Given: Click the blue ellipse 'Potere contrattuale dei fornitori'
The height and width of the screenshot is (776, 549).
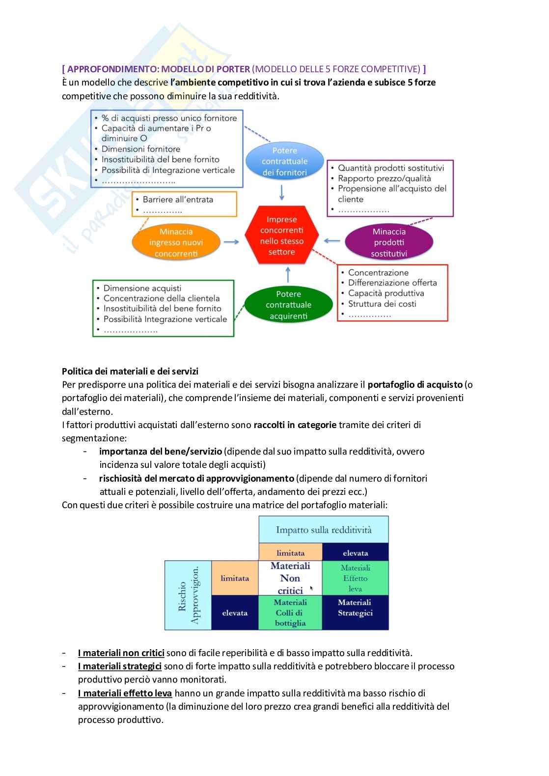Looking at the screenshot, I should click(x=285, y=161).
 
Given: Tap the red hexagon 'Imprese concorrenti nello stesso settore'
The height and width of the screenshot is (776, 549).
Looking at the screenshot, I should click(x=282, y=235).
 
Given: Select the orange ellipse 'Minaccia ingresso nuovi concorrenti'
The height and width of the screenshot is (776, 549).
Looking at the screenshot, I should click(x=176, y=242).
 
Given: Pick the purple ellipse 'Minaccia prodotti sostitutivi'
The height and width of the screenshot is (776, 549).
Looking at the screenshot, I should click(x=389, y=242).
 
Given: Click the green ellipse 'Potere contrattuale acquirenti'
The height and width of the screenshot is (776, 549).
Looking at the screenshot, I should click(x=288, y=305).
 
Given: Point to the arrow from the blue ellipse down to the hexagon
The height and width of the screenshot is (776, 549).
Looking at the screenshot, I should click(x=282, y=192).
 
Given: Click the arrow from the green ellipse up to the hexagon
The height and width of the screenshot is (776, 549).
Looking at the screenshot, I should click(x=288, y=275).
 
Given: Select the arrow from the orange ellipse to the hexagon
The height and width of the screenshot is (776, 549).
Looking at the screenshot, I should click(x=231, y=242).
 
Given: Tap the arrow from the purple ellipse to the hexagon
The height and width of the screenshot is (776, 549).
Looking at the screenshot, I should click(x=332, y=241).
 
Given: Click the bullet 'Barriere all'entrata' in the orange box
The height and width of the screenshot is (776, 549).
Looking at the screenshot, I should click(x=178, y=200).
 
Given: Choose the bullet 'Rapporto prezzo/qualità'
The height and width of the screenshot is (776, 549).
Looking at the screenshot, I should click(x=384, y=178).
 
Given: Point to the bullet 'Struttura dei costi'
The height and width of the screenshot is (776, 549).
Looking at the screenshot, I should click(x=382, y=304).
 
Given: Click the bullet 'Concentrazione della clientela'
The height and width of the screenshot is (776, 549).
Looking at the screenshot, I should click(x=161, y=298).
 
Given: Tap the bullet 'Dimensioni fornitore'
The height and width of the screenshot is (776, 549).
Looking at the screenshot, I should click(x=140, y=149).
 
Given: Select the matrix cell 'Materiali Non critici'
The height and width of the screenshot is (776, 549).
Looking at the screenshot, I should click(x=290, y=578).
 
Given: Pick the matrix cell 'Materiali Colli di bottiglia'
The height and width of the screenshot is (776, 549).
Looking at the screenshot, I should click(x=290, y=612).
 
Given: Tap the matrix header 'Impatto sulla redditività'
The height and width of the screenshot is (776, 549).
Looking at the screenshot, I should click(x=324, y=530).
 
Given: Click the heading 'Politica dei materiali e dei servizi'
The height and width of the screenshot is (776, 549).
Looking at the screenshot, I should click(x=130, y=371).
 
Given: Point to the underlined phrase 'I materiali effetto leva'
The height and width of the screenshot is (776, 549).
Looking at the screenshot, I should click(x=125, y=693).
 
